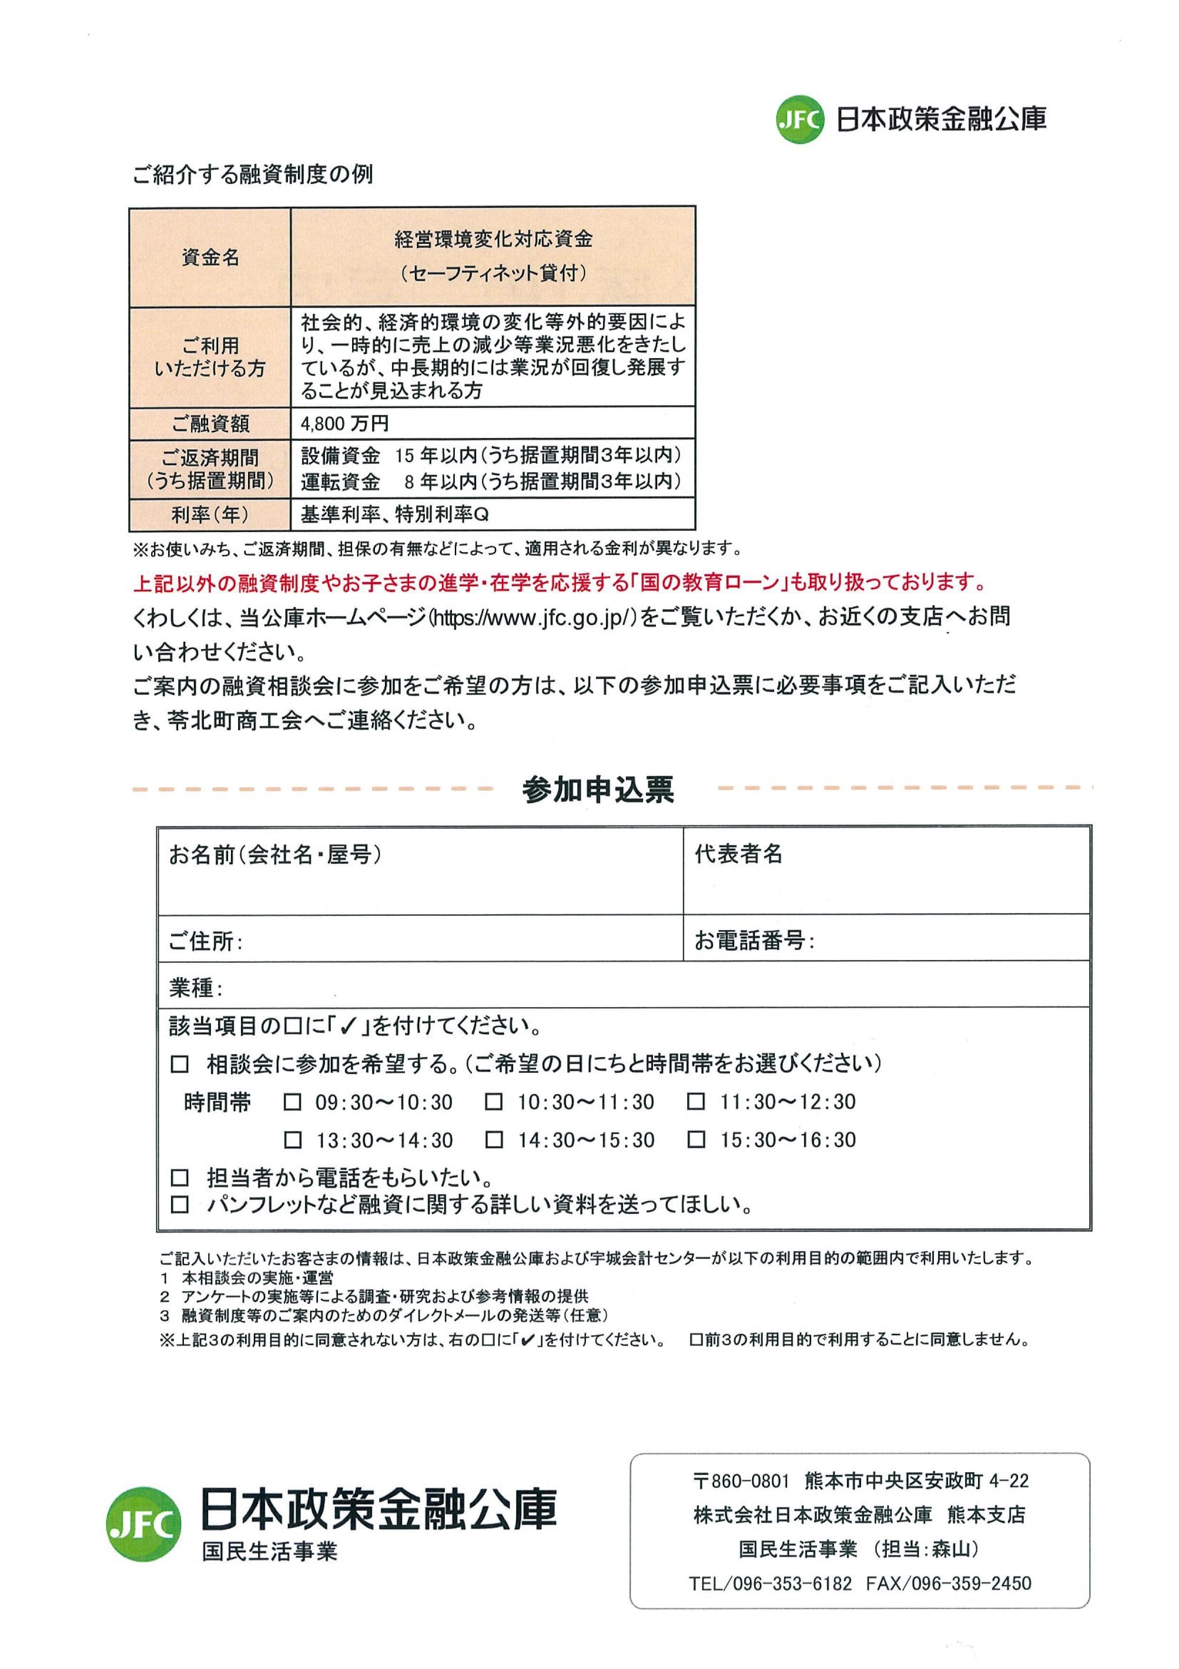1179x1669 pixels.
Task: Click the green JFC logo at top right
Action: point(800,119)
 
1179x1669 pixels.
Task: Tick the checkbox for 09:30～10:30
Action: point(292,1103)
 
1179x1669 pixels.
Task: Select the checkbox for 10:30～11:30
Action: point(494,1103)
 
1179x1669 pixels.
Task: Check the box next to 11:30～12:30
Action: point(696,1103)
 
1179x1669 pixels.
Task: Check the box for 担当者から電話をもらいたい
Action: point(179,1178)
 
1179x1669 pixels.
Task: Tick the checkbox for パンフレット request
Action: point(179,1205)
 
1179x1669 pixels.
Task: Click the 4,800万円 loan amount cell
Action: point(345,423)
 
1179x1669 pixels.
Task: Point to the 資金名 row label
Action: point(210,257)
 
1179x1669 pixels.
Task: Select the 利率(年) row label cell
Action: point(210,514)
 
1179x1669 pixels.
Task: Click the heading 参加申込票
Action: point(598,790)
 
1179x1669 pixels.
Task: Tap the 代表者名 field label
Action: point(738,854)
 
